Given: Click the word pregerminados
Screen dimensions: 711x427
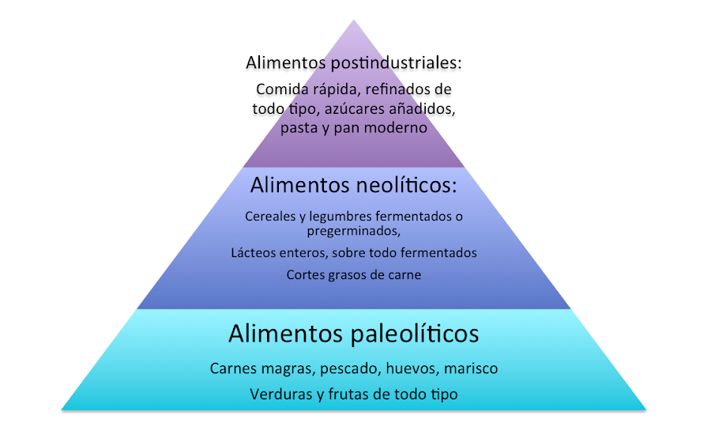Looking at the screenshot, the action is (x=353, y=231).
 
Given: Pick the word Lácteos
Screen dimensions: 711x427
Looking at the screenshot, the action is (x=254, y=253).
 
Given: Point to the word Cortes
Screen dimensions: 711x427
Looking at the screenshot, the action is (x=305, y=275).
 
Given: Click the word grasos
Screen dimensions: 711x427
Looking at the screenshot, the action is (x=346, y=275).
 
